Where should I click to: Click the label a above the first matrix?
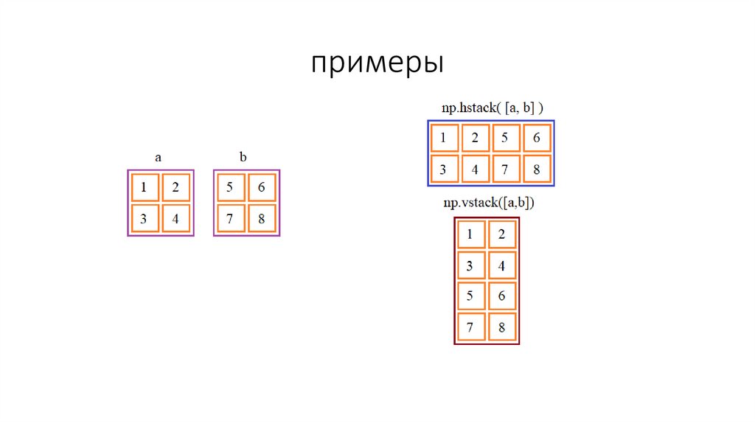pos(158,157)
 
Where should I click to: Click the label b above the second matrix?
pos(243,157)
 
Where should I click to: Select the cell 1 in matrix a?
pos(145,187)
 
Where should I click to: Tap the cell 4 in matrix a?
pos(175,218)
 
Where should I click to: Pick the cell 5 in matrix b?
pos(230,187)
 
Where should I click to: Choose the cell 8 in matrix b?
pos(262,218)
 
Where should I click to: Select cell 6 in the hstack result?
pos(537,137)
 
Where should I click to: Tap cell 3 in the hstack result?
pos(443,169)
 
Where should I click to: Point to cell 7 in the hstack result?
pos(506,169)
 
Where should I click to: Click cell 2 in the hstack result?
pos(475,137)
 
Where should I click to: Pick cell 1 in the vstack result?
pos(470,235)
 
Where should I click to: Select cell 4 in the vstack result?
pos(502,265)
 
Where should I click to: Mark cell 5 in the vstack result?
pos(470,296)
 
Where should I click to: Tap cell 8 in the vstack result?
pos(502,327)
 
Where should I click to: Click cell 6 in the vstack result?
pos(502,296)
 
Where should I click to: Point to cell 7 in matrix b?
pos(230,218)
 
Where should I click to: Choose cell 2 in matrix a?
pos(175,187)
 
